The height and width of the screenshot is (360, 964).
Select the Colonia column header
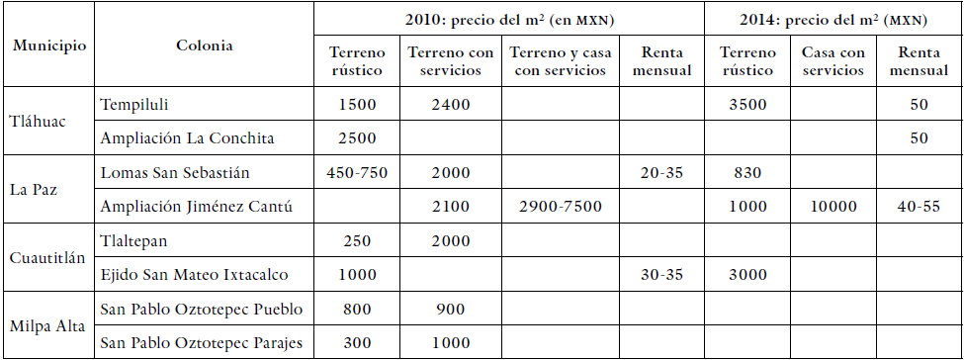point(205,45)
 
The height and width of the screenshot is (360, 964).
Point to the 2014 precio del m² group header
point(833,20)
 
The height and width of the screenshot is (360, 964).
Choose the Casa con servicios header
point(833,62)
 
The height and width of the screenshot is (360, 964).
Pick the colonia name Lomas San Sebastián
point(175,173)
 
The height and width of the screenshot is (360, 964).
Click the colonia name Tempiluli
point(137,104)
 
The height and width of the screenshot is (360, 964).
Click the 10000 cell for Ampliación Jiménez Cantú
point(833,207)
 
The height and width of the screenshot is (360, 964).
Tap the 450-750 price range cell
point(358,173)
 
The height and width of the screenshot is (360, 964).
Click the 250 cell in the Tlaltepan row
point(358,241)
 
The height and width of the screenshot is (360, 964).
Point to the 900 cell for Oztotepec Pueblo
point(450,310)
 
